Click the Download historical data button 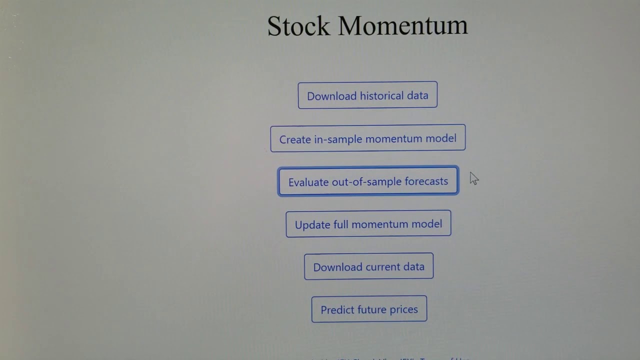pyautogui.click(x=367, y=95)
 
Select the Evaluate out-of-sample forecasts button pyautogui.click(x=368, y=181)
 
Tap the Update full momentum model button pyautogui.click(x=368, y=224)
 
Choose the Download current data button pyautogui.click(x=368, y=266)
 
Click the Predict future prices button pyautogui.click(x=369, y=309)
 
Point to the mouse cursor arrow pyautogui.click(x=473, y=178)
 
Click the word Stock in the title pyautogui.click(x=298, y=26)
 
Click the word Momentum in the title pyautogui.click(x=402, y=26)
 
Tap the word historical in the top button pyautogui.click(x=366, y=95)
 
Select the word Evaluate pyautogui.click(x=308, y=182)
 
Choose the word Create pyautogui.click(x=295, y=139)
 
